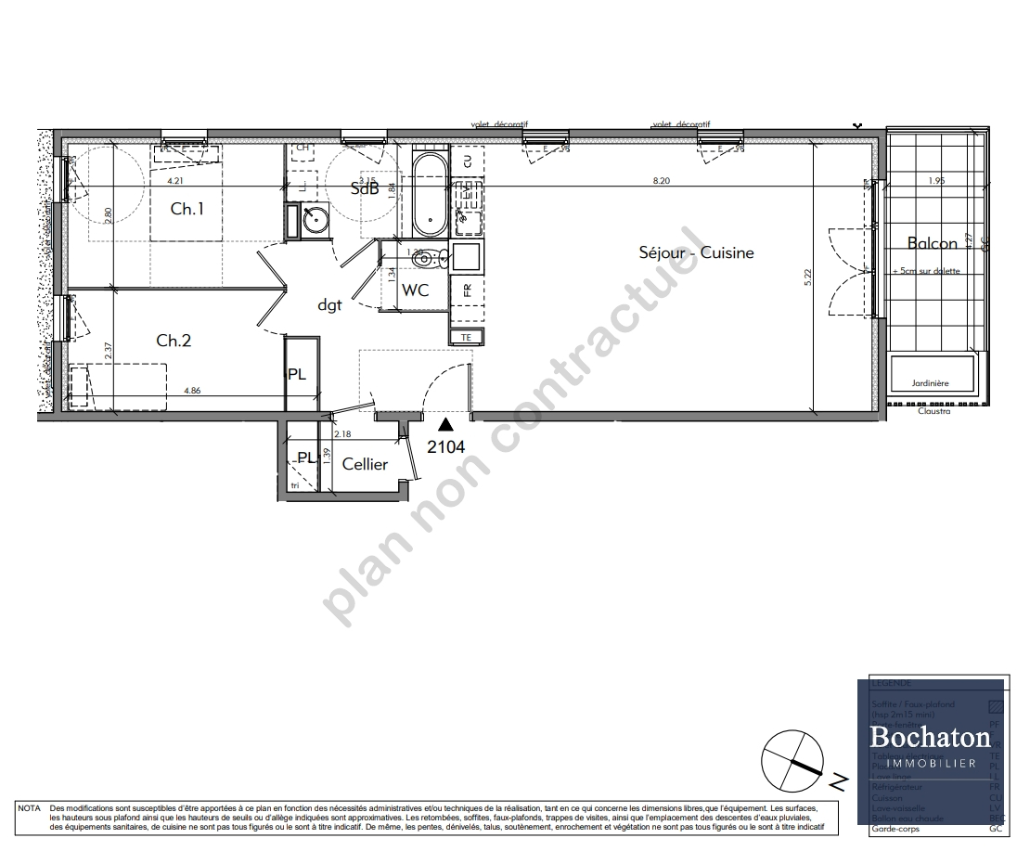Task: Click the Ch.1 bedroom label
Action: (x=187, y=210)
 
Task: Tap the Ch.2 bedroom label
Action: (x=174, y=342)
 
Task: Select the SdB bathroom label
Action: (x=364, y=188)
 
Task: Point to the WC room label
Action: (x=415, y=290)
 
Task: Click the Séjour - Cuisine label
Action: (x=696, y=252)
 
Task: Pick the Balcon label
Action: (x=932, y=244)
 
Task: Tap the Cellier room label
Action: (x=365, y=464)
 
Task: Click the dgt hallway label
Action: (x=330, y=303)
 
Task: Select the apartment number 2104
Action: (x=445, y=445)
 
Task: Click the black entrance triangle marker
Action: (x=446, y=425)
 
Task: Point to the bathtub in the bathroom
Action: (x=429, y=194)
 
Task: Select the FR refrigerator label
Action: (x=467, y=290)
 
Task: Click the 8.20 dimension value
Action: (x=661, y=181)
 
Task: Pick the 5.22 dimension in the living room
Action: (x=807, y=277)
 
